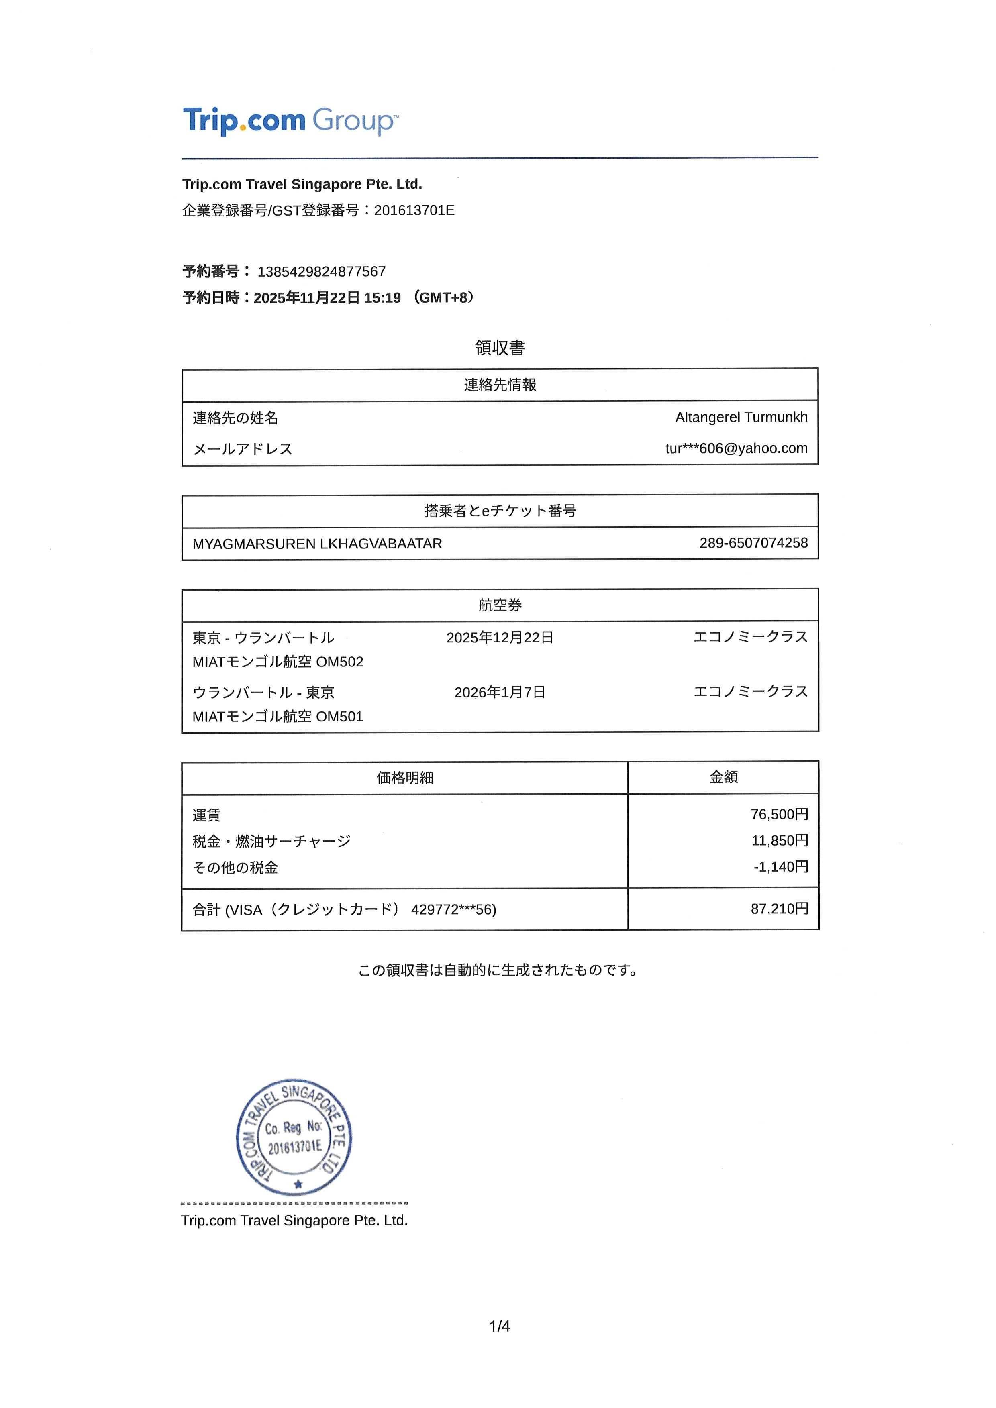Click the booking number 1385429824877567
click(x=321, y=272)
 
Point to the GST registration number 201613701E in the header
click(x=414, y=210)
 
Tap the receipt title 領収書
click(x=500, y=348)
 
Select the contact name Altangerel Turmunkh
click(x=741, y=417)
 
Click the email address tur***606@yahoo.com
click(x=736, y=448)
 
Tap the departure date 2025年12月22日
click(x=500, y=638)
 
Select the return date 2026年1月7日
click(x=500, y=692)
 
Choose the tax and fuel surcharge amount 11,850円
click(x=780, y=841)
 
